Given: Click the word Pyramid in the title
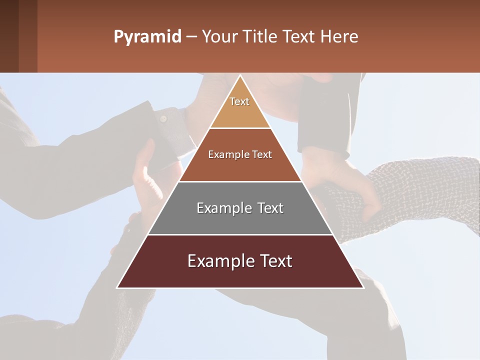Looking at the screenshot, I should coord(147,37).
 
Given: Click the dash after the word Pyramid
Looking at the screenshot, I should coord(191,37).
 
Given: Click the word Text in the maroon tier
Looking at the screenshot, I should coord(272,261).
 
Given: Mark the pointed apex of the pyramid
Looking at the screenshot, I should coord(240,76).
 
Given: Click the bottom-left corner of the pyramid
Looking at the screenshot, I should coord(118,287).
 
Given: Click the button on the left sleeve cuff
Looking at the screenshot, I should coord(163,119).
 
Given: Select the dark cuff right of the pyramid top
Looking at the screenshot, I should coord(322,120).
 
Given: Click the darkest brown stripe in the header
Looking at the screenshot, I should coord(9,36).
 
